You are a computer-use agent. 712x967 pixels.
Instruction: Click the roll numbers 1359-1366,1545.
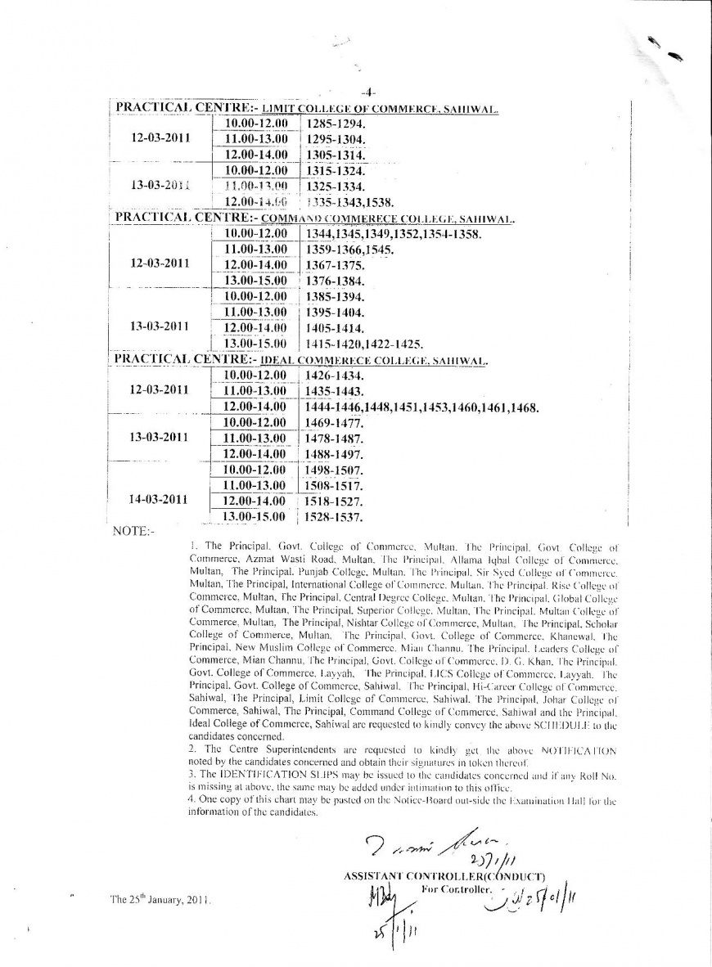coord(349,250)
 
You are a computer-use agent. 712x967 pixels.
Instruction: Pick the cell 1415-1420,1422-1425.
coord(363,344)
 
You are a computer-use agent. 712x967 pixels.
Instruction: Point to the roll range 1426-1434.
coord(333,376)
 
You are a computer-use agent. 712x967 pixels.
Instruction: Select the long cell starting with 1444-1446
coord(421,407)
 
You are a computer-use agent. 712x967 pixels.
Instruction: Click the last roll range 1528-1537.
coord(333,517)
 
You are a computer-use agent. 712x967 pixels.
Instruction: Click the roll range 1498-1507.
coord(334,470)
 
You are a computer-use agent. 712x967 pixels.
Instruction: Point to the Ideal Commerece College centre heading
coord(301,360)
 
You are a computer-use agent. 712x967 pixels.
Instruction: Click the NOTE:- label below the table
coord(132,531)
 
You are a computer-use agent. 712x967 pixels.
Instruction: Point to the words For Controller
coord(455,889)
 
